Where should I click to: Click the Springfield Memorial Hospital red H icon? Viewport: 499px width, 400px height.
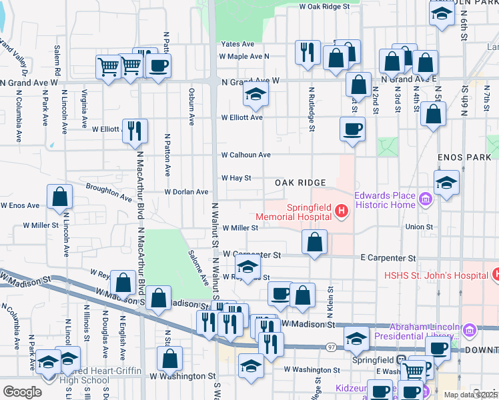pos(342,212)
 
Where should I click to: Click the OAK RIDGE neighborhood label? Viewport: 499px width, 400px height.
pos(300,183)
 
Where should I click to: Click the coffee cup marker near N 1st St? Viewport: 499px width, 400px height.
pos(352,129)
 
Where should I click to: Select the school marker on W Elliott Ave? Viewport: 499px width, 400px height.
pos(255,95)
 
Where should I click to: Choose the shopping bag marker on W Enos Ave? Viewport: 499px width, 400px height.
pos(60,197)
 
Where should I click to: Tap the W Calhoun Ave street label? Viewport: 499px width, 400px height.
pos(245,155)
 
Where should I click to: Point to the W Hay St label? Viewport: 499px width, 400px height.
pos(236,178)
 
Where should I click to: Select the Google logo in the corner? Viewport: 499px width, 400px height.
pos(21,392)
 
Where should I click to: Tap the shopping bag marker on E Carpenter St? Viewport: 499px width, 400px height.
pos(314,242)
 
